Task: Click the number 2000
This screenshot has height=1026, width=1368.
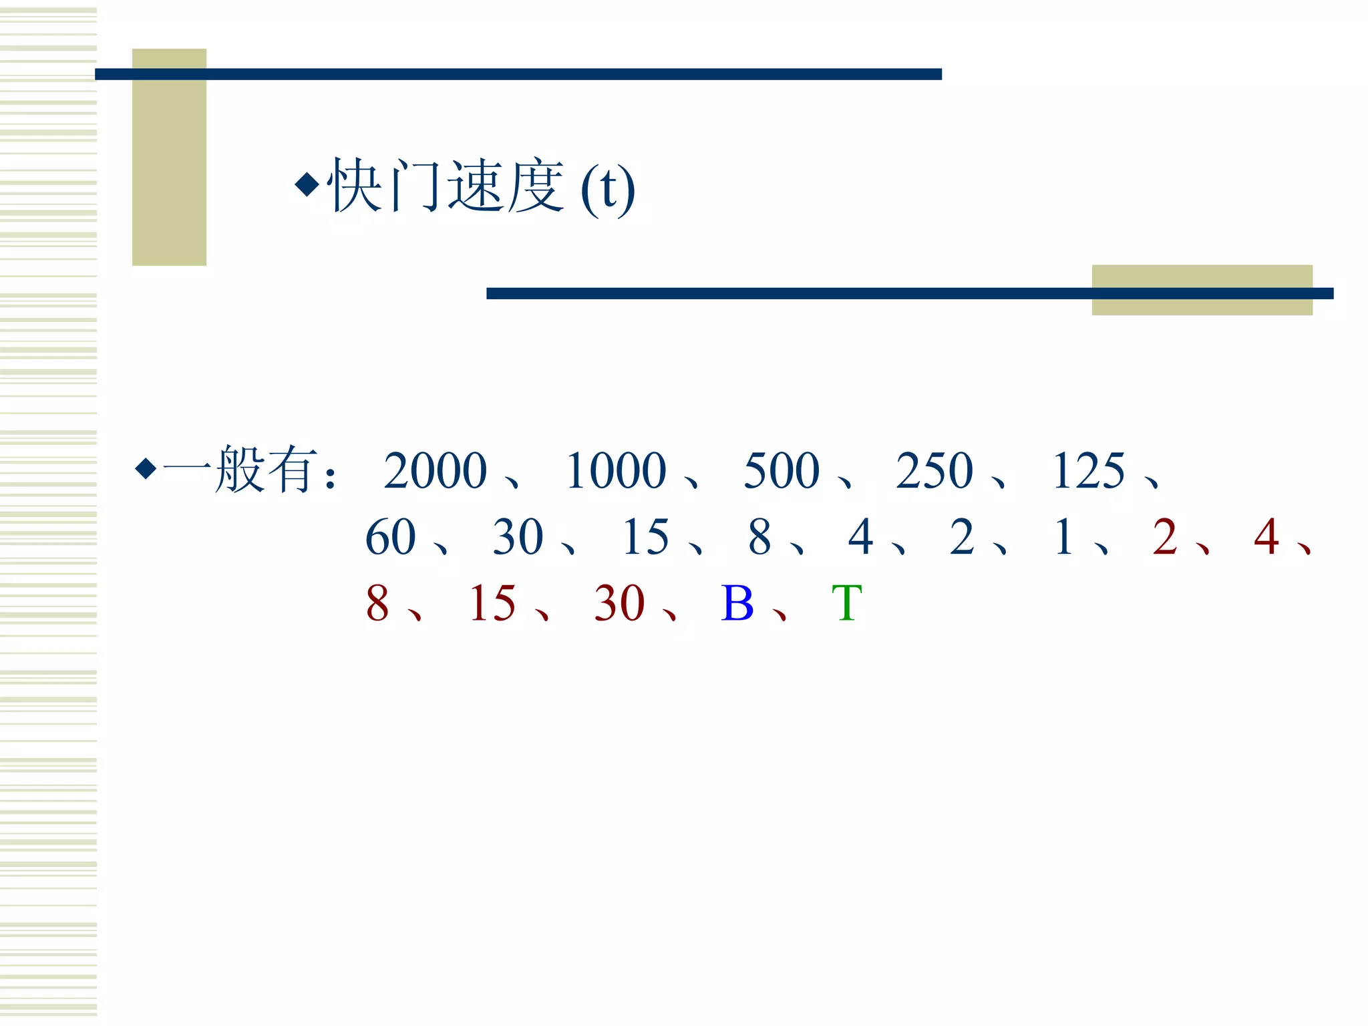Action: point(436,471)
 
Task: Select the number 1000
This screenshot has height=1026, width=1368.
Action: point(616,471)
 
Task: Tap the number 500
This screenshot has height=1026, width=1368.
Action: point(782,471)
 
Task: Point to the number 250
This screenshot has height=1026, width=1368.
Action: point(934,471)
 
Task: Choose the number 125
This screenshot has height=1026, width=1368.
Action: point(1089,471)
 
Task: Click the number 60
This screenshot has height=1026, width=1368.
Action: point(391,537)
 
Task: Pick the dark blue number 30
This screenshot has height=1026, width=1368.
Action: point(518,537)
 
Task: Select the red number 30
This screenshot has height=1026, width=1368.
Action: point(619,603)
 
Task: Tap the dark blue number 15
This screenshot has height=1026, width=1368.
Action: point(645,537)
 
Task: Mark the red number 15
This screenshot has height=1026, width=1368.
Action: point(492,603)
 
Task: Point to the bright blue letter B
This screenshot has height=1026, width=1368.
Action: point(737,603)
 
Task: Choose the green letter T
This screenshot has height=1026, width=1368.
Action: point(847,603)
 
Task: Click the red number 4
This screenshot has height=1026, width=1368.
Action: point(1266,537)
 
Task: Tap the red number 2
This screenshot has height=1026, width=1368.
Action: point(1165,537)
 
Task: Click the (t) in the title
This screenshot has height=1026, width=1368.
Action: point(608,190)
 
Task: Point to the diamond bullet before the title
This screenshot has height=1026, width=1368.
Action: point(307,184)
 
